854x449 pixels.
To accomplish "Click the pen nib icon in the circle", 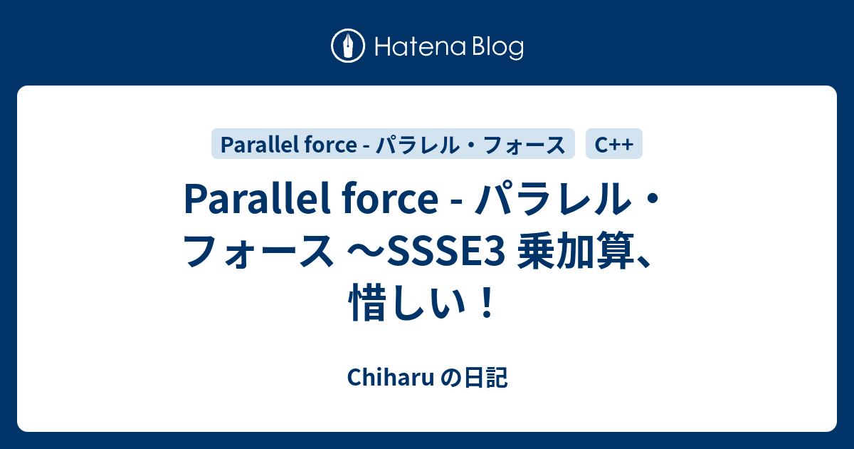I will coord(348,47).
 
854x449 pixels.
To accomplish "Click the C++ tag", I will coord(614,145).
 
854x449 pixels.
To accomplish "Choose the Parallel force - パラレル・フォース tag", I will coord(393,145).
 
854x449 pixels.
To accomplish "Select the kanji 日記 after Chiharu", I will coord(489,379).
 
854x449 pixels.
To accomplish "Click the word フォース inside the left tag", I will coord(524,145).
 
